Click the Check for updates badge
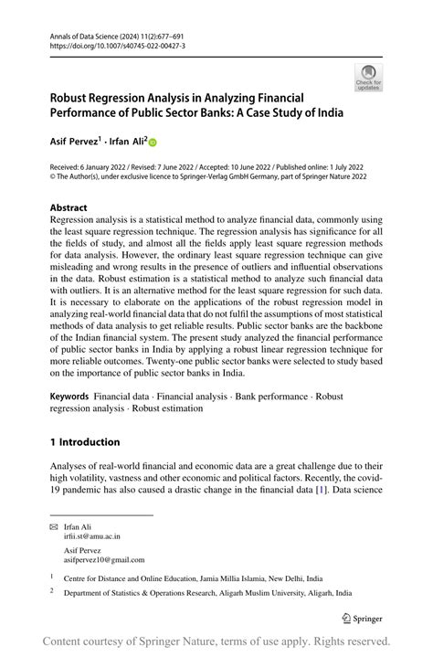point(368,77)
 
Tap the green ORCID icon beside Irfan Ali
point(153,142)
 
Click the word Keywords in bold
point(69,397)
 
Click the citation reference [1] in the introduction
point(321,491)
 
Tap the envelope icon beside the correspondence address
point(53,527)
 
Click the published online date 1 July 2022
point(340,167)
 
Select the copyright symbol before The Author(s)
point(53,177)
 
